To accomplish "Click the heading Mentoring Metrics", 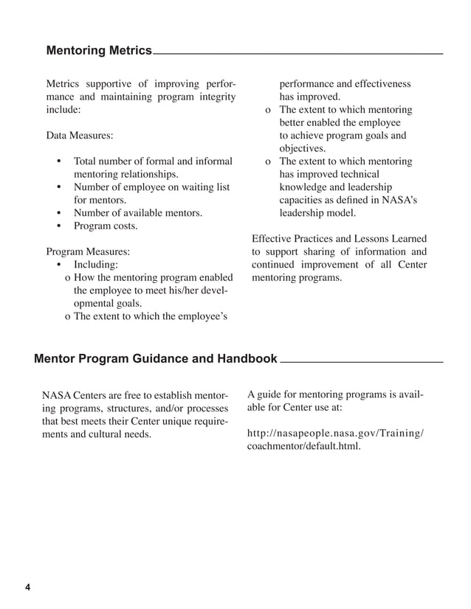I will (x=98, y=51).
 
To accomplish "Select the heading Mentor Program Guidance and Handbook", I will (x=155, y=359).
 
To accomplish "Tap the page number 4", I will (x=27, y=588).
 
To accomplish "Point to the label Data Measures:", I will (x=80, y=136).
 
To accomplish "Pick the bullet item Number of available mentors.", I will (x=137, y=213).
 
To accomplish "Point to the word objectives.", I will (x=302, y=148).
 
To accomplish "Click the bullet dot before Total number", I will (x=58, y=161).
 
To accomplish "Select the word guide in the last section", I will (x=270, y=394).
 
